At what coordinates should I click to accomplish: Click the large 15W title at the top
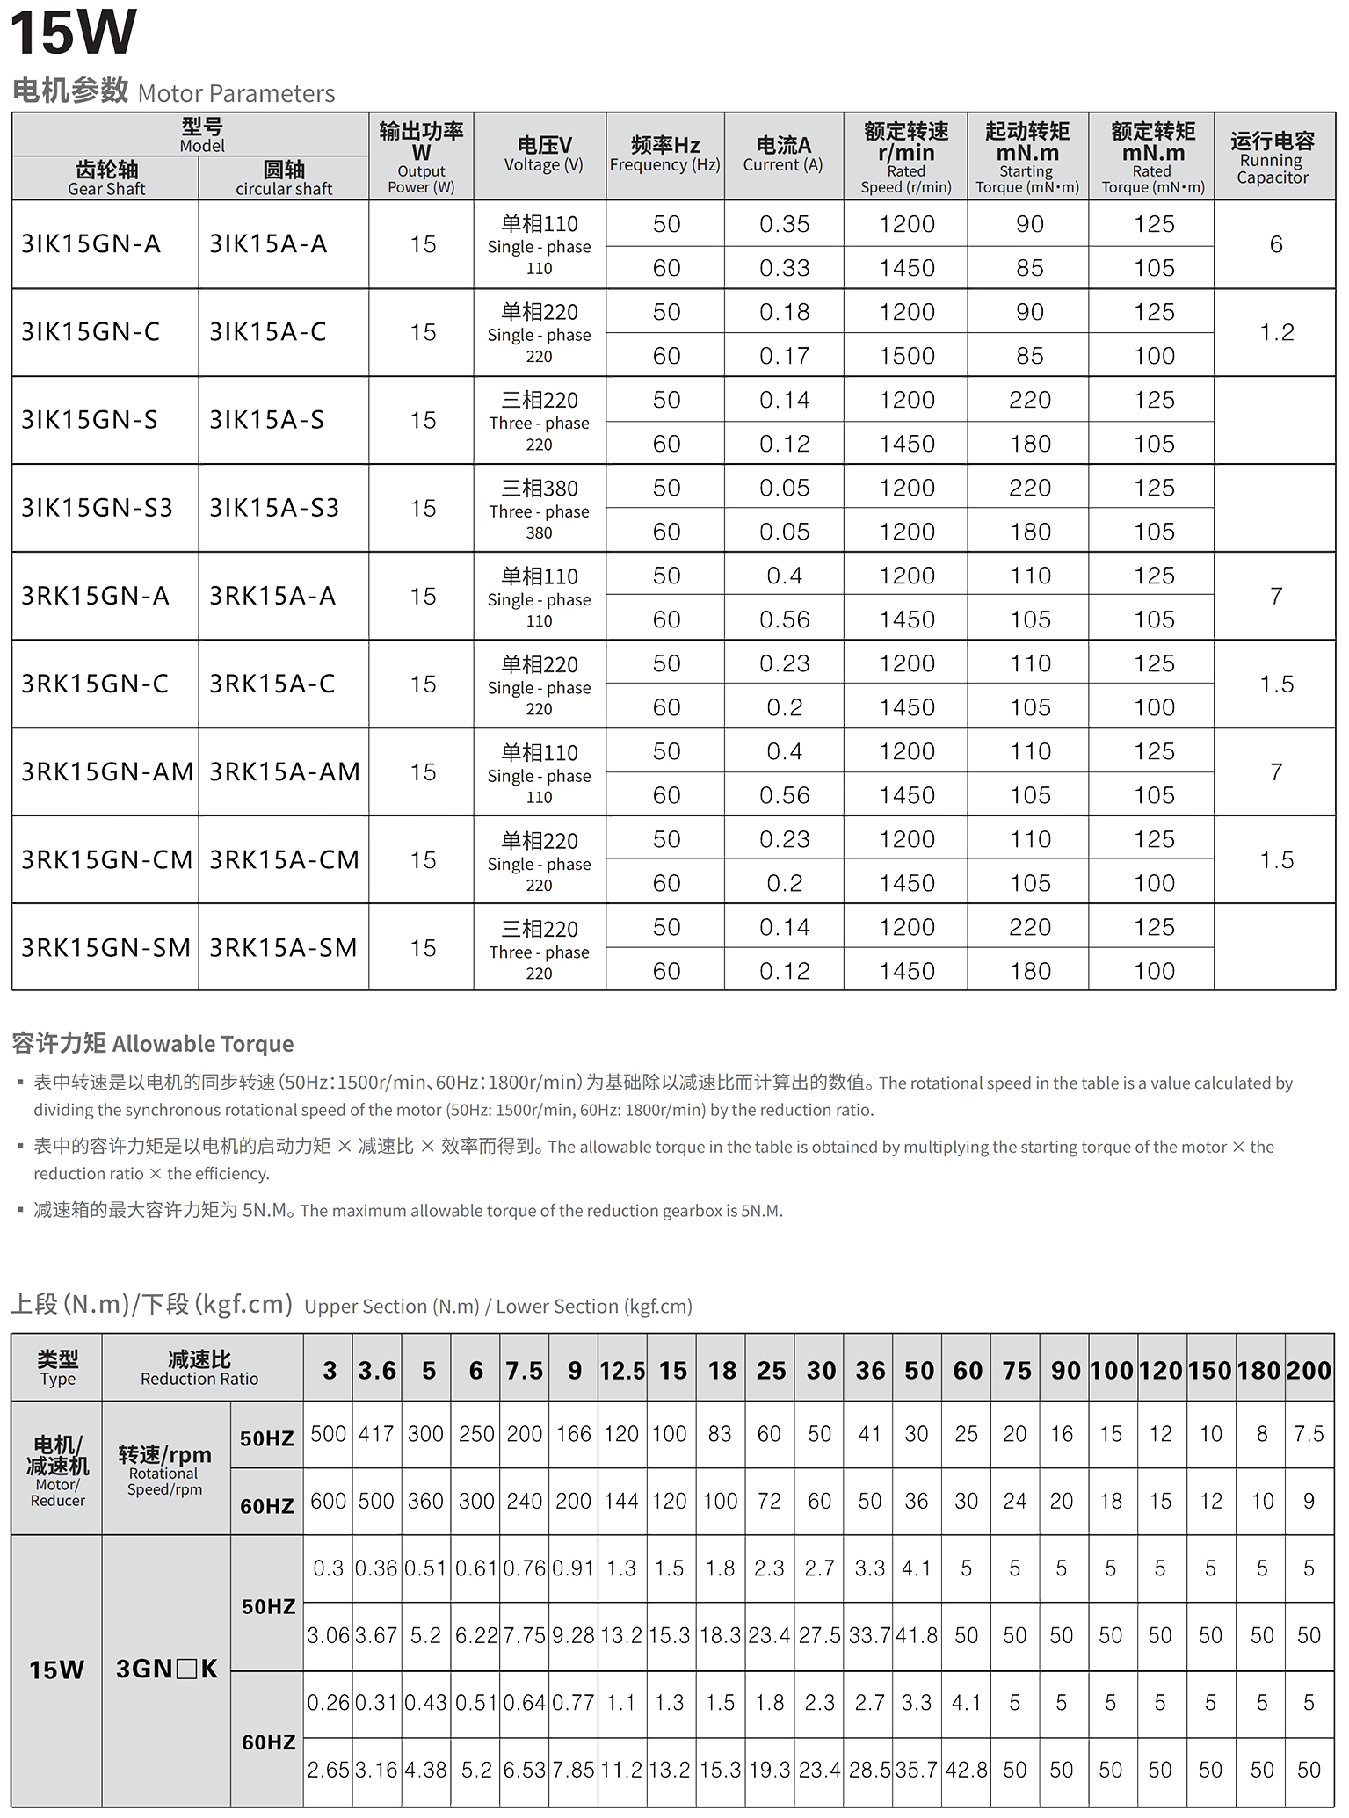click(x=73, y=33)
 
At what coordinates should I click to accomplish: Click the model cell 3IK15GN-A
click(x=91, y=244)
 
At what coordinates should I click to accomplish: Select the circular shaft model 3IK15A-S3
click(x=273, y=508)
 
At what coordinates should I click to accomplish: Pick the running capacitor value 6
click(x=1276, y=244)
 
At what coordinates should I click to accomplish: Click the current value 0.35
click(x=784, y=224)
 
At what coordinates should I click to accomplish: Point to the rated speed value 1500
click(x=907, y=356)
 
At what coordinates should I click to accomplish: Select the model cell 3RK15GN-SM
click(x=105, y=948)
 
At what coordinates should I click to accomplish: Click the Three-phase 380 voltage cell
click(x=539, y=509)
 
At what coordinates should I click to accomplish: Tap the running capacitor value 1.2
click(x=1276, y=332)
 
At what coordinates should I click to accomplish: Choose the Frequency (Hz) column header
click(x=665, y=155)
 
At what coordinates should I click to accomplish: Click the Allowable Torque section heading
click(x=153, y=1043)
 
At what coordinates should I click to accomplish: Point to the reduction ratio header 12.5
click(x=622, y=1371)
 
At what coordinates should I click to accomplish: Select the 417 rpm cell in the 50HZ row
click(x=376, y=1434)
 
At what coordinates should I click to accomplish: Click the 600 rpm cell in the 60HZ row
click(x=328, y=1501)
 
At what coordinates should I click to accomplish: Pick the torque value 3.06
click(x=328, y=1635)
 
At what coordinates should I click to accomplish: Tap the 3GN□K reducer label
click(x=166, y=1669)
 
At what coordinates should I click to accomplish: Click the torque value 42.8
click(x=966, y=1769)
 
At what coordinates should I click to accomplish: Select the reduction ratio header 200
click(x=1309, y=1371)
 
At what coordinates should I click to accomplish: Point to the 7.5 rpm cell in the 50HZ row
click(x=1309, y=1434)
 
